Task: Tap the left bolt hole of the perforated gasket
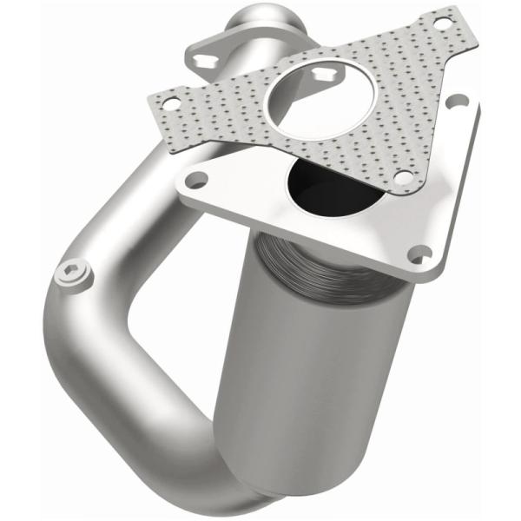[x=169, y=102]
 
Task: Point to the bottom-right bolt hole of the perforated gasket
[x=402, y=176]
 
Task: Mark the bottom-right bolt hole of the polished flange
[x=422, y=254]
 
